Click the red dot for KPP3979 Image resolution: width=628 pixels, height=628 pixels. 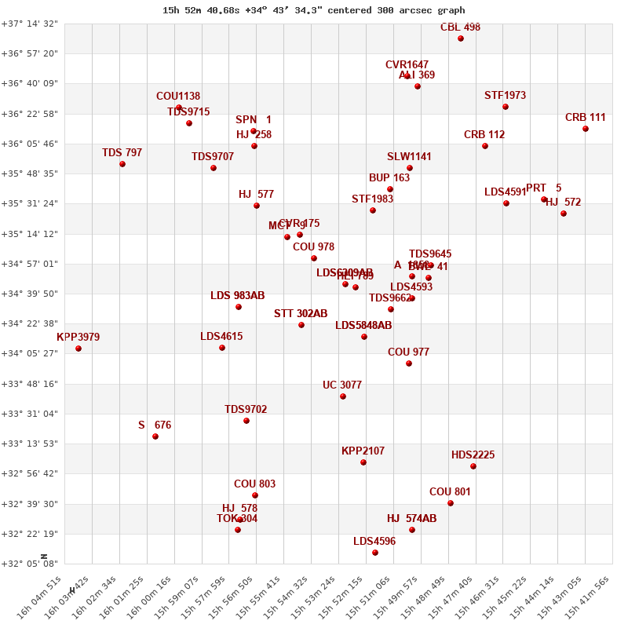78,349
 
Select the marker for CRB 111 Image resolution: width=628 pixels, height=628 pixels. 586,129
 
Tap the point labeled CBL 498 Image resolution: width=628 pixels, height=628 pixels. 461,38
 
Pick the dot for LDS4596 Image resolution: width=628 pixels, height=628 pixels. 375,553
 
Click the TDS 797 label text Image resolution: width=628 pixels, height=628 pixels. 122,152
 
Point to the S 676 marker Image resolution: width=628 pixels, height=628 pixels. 155,436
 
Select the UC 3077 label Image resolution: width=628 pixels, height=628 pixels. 342,385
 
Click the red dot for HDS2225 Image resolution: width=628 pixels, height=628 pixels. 473,466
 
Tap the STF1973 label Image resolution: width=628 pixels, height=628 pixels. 505,96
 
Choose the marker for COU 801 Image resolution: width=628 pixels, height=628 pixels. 451,503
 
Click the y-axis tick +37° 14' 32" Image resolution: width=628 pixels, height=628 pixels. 30,24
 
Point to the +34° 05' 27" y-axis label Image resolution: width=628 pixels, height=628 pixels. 30,353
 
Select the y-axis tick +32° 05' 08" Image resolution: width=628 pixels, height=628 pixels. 30,564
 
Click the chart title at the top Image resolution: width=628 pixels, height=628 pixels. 313,10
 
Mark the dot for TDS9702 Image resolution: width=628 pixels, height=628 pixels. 246,421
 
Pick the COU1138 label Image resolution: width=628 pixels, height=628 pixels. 178,97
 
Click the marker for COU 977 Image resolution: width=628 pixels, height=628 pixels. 409,363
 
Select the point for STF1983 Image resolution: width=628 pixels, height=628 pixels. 373,210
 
